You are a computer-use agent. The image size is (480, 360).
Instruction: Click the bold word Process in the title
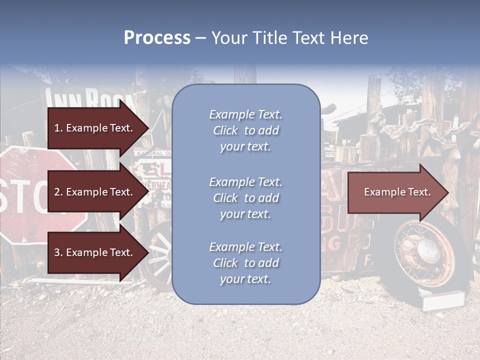click(x=157, y=38)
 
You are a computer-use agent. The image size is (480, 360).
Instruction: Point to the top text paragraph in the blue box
click(x=245, y=130)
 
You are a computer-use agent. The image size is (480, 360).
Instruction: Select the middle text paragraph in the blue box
click(x=245, y=198)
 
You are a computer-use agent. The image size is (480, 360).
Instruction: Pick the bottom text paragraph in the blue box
click(x=245, y=263)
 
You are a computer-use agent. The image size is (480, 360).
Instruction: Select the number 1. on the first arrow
click(x=58, y=128)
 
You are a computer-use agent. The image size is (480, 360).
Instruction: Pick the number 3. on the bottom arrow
click(x=58, y=252)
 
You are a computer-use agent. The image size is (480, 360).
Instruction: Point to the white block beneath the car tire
click(x=443, y=301)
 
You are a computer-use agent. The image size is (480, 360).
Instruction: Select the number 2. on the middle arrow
click(x=58, y=192)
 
